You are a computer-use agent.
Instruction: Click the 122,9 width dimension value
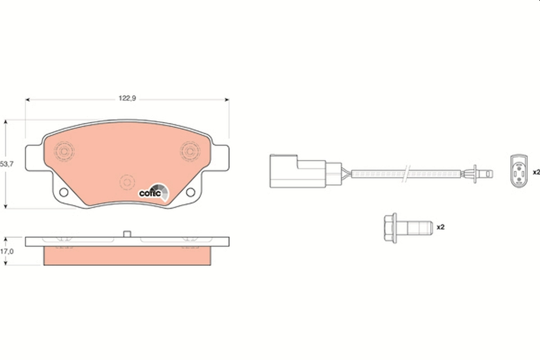coord(127,99)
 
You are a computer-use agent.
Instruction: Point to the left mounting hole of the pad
coord(63,193)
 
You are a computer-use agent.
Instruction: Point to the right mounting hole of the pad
coord(190,193)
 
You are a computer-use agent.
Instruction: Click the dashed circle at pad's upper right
coord(190,150)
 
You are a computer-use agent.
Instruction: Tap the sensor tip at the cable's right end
coord(486,173)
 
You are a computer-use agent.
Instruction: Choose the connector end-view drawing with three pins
coord(518,171)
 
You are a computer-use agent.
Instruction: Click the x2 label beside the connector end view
coord(535,172)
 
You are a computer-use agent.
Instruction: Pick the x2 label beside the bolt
coord(441,227)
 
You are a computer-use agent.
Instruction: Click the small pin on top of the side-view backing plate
coord(127,234)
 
